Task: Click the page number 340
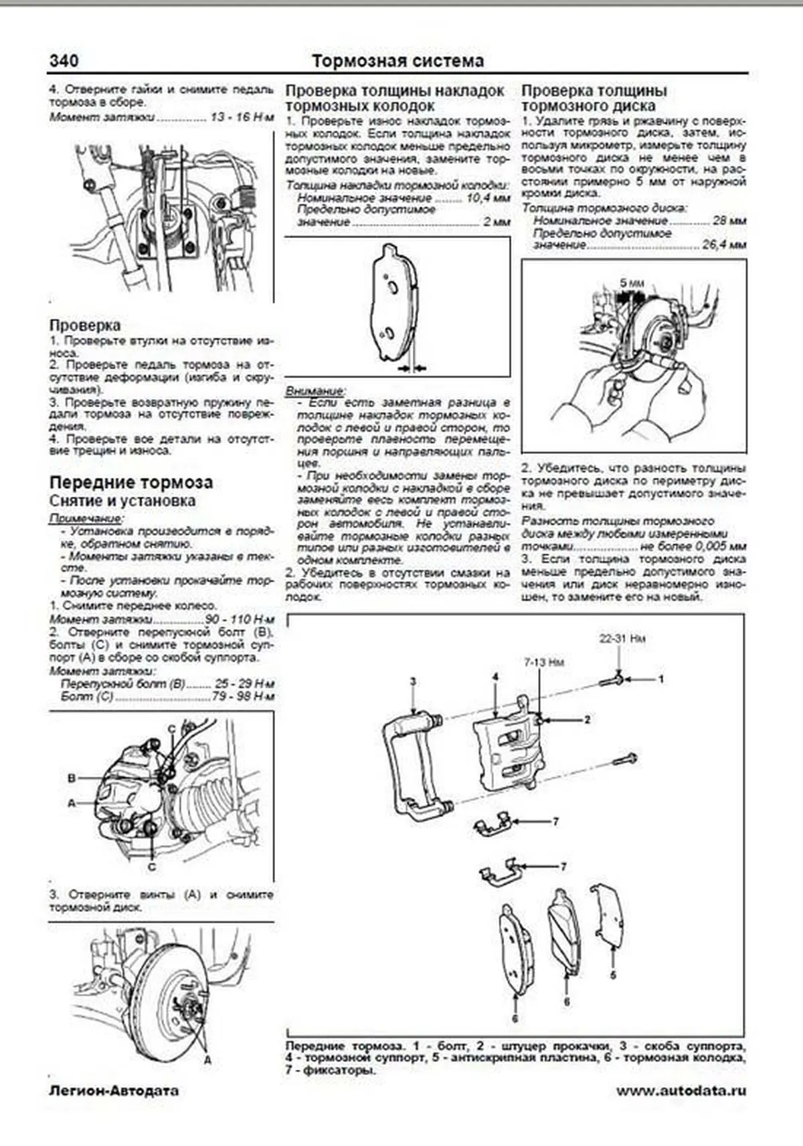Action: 64,61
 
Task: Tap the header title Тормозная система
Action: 397,62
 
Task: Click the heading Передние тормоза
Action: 130,482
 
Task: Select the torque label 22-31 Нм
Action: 622,639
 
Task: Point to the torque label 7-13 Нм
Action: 543,662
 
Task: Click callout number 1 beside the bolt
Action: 661,679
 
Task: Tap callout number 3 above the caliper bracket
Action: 413,681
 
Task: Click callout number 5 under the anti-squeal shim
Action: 612,975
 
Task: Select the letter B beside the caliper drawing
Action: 72,778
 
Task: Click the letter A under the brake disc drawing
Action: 207,1060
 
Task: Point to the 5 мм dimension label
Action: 631,283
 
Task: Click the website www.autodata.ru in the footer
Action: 681,1091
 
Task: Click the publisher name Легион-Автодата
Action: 114,1091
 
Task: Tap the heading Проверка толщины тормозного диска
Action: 594,98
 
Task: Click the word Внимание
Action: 315,390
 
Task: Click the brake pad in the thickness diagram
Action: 391,304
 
